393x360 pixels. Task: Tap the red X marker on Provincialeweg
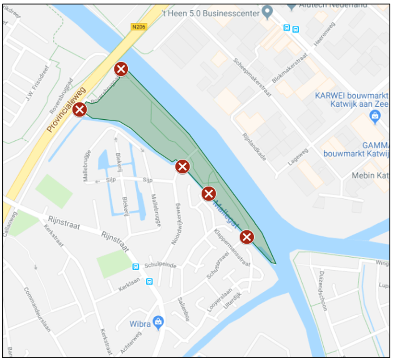80,109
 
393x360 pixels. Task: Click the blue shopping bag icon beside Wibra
157,321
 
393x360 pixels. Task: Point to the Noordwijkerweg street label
177,224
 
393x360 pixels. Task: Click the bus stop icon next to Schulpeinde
135,267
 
